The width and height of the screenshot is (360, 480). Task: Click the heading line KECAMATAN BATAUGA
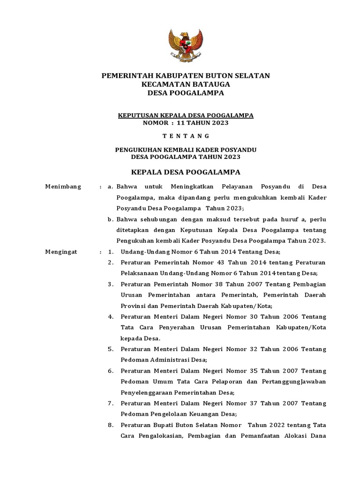[x=186, y=84]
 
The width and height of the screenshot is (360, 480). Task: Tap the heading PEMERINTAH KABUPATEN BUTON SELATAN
[x=186, y=75]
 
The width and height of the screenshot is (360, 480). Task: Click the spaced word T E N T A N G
[x=186, y=136]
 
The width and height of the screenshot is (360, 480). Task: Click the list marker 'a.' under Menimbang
[x=111, y=187]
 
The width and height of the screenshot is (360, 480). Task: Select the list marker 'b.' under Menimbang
[x=111, y=219]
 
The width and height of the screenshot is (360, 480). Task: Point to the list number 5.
[x=111, y=349]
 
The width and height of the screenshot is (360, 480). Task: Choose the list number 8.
[x=111, y=425]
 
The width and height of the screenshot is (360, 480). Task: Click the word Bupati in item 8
[x=164, y=425]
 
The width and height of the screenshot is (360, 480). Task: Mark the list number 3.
[x=111, y=284]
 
